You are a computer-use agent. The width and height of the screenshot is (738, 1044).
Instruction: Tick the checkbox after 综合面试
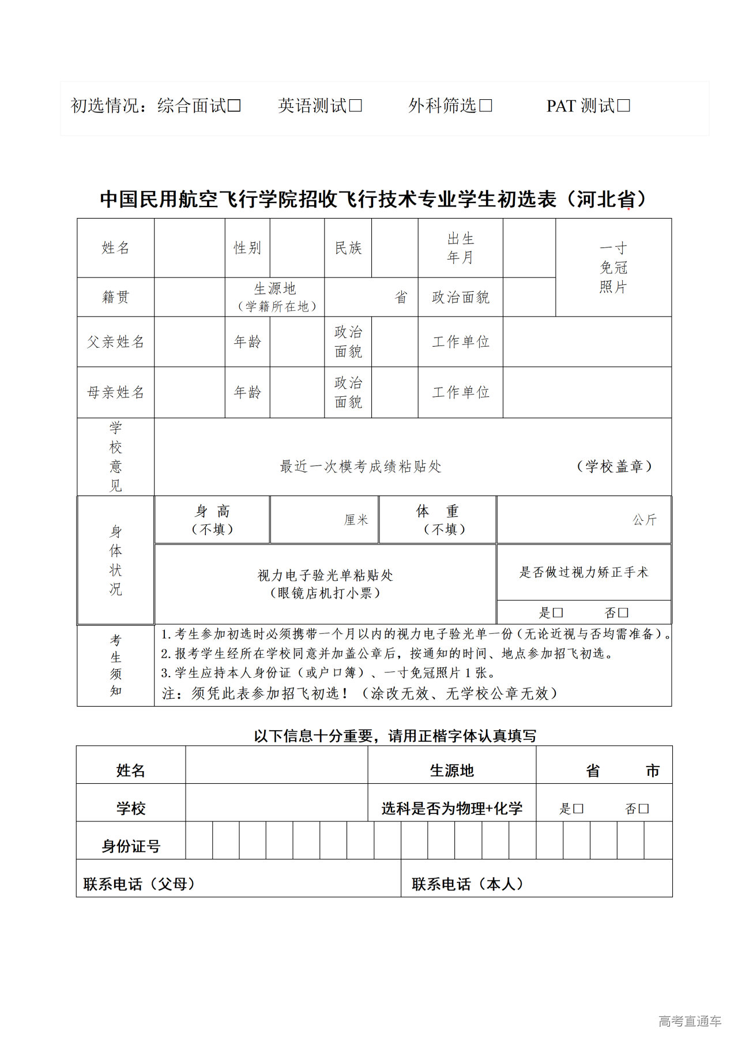coord(234,106)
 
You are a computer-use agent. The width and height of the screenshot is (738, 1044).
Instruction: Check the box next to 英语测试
coord(356,106)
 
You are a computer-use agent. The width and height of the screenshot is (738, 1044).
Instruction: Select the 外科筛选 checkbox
coord(486,106)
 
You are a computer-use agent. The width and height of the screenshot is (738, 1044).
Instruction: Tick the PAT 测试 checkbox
coord(624,106)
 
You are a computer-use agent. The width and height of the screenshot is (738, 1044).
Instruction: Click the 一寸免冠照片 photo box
coord(613,268)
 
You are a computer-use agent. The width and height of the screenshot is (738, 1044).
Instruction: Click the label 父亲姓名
coord(115,342)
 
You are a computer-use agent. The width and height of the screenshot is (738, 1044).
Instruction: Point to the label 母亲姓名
coord(115,393)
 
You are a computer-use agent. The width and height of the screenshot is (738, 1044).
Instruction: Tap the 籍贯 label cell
coord(115,297)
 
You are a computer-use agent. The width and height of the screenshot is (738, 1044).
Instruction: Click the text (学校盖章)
coord(614,467)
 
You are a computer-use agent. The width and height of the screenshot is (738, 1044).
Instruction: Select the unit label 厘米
coord(356,520)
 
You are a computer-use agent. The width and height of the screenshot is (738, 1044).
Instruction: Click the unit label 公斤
coord(645,520)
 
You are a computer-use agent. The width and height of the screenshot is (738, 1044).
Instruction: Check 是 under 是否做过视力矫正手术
coord(558,613)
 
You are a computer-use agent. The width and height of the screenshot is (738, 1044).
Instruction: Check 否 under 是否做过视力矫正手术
coord(623,613)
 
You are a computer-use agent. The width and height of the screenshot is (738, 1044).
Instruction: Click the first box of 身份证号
coord(199,840)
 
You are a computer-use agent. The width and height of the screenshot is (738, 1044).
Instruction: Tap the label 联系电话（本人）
coord(467,884)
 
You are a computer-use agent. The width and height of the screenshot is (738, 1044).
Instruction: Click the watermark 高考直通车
coord(690,1022)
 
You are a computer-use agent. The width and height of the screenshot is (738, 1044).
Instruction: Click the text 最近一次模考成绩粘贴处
coord(360,467)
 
